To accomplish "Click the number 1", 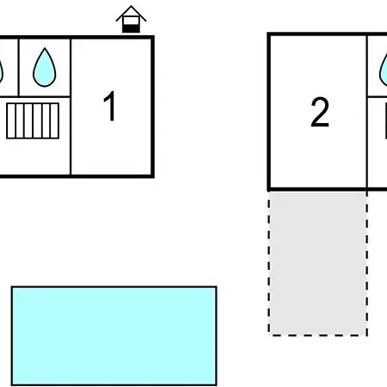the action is pyautogui.click(x=109, y=106).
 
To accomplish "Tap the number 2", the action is pyautogui.click(x=320, y=112).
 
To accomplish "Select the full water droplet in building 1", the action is pyautogui.click(x=45, y=67).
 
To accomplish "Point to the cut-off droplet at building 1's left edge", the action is pyautogui.click(x=1, y=71).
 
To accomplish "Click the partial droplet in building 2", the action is pyautogui.click(x=384, y=71).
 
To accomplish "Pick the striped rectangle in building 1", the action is pyautogui.click(x=33, y=121).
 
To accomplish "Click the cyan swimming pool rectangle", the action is pyautogui.click(x=114, y=335).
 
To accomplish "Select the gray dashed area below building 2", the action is pyautogui.click(x=318, y=263).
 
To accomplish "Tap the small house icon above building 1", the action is pyautogui.click(x=131, y=19).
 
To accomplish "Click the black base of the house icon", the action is pyautogui.click(x=131, y=28).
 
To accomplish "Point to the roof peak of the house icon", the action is pyautogui.click(x=131, y=6).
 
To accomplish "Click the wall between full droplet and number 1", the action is pyautogui.click(x=71, y=107).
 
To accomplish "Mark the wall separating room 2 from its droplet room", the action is pyautogui.click(x=367, y=112).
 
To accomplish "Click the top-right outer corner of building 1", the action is pyautogui.click(x=154, y=36).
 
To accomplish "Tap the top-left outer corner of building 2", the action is pyautogui.click(x=267, y=33).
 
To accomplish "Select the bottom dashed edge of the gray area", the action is pyautogui.click(x=318, y=335).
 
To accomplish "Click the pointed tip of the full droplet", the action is pyautogui.click(x=45, y=48).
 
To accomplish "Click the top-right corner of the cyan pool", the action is pyautogui.click(x=217, y=286).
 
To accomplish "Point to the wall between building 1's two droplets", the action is pyautogui.click(x=19, y=67).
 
